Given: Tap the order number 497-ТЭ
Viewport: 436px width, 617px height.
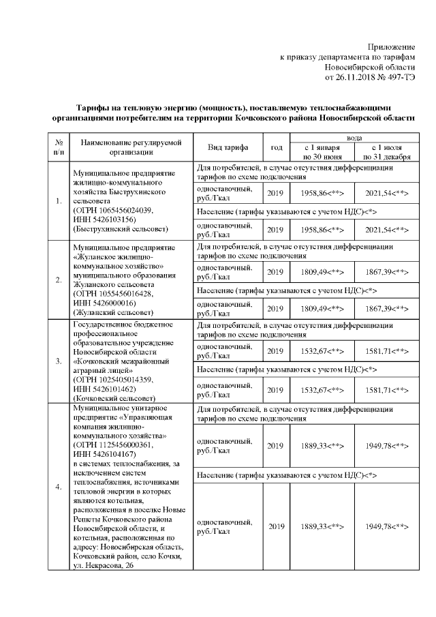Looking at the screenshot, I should pyautogui.click(x=399, y=78).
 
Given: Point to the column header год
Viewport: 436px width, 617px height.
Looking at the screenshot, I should pyautogui.click(x=276, y=147).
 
